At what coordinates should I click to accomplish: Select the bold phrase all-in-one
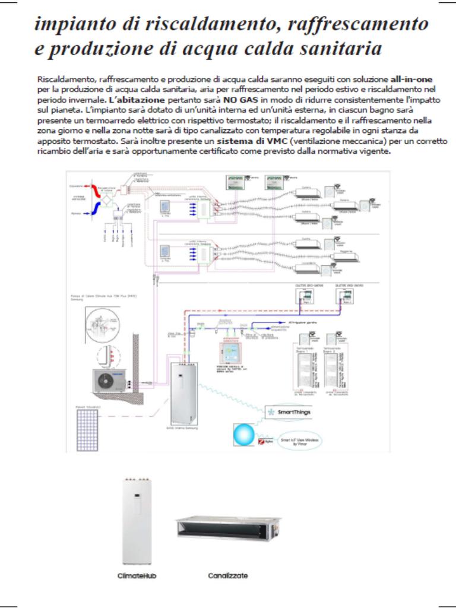(x=414, y=79)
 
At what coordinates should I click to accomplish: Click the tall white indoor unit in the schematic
(x=187, y=392)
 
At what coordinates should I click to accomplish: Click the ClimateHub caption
(x=137, y=575)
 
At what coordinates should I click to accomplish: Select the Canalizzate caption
(x=228, y=575)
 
